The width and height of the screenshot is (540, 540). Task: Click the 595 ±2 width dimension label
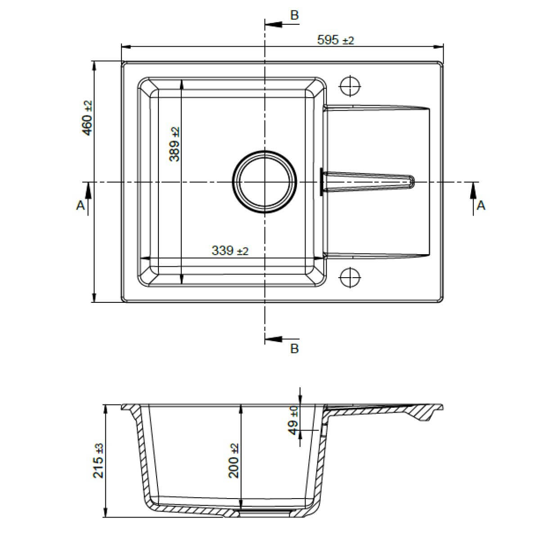[335, 40]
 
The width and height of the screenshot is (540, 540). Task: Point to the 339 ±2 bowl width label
[229, 251]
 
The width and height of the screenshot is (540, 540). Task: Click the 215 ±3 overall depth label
[99, 461]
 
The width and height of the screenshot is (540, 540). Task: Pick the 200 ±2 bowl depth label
[234, 461]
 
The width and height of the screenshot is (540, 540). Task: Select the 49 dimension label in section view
[293, 420]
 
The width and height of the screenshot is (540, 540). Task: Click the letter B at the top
[294, 16]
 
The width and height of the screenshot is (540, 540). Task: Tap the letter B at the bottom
[294, 349]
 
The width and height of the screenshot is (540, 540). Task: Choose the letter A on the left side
[80, 206]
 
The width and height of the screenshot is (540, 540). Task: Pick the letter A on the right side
[481, 206]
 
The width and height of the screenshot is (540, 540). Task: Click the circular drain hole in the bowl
[264, 182]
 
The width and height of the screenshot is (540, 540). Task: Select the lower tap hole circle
[350, 277]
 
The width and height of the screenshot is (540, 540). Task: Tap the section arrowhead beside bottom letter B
[272, 339]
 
